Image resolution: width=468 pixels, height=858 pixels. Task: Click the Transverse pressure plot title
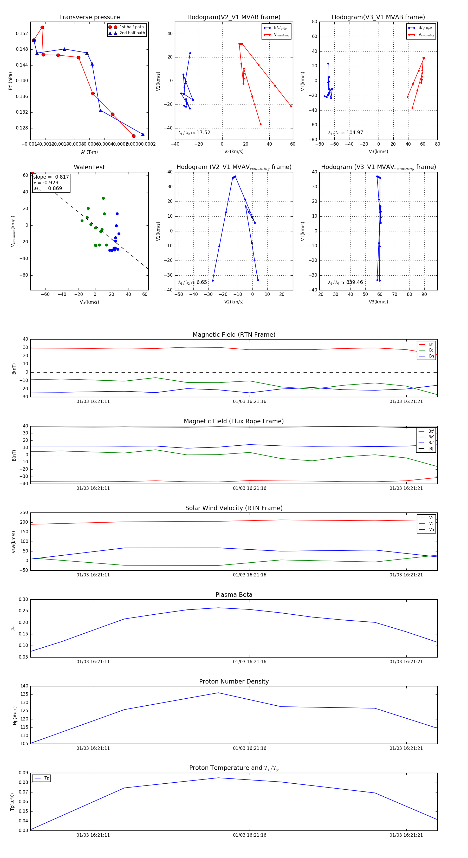tap(89, 17)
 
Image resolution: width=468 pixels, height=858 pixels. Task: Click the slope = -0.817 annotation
tap(51, 177)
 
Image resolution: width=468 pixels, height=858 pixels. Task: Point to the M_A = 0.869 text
tap(48, 188)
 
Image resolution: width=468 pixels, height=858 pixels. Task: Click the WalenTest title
tap(89, 167)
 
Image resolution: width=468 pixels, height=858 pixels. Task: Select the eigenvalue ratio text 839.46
tap(354, 282)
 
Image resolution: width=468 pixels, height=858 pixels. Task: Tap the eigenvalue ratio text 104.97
tap(354, 133)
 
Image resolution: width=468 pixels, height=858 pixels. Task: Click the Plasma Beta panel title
tap(234, 595)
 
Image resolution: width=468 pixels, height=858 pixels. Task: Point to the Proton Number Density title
tap(234, 681)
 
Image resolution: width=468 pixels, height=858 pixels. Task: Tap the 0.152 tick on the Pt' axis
tap(22, 34)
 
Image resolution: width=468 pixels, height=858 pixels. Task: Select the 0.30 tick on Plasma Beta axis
tap(23, 600)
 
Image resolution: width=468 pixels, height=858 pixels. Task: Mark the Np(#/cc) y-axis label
tap(15, 715)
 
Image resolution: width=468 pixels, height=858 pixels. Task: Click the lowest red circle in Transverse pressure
tap(134, 136)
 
